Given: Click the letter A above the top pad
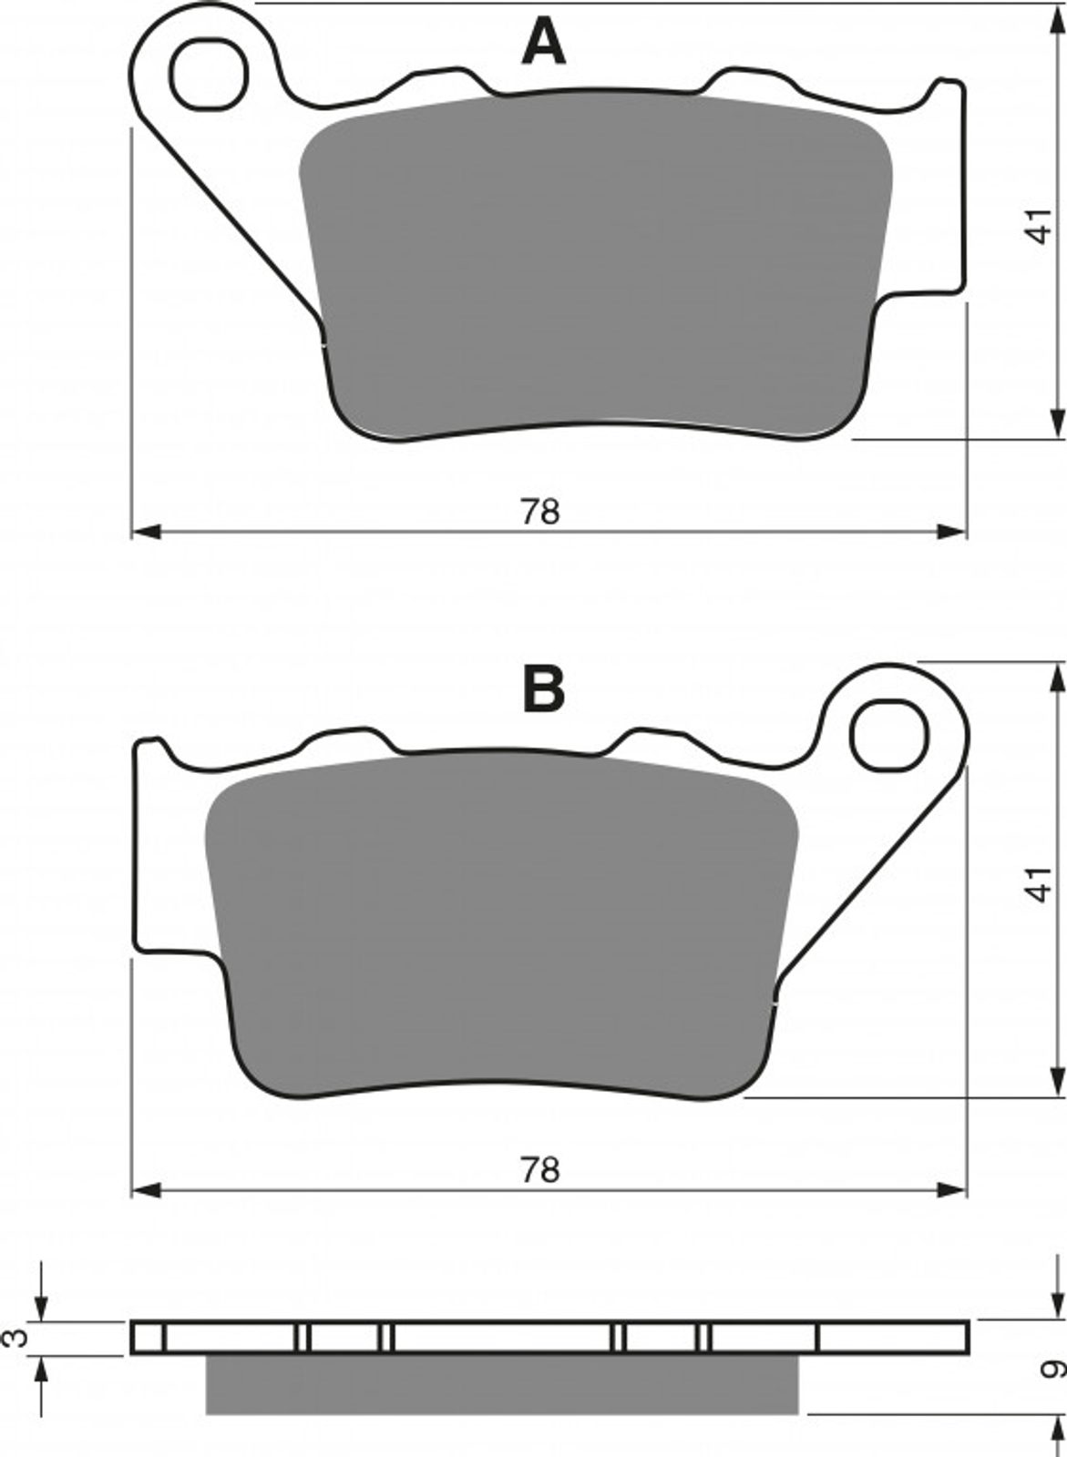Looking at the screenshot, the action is [x=543, y=43].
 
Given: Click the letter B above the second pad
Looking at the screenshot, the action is [x=544, y=689].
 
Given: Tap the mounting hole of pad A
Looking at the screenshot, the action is [x=209, y=75].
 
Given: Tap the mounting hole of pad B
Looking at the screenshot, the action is [x=889, y=736].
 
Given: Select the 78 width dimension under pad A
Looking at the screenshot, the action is [x=539, y=512].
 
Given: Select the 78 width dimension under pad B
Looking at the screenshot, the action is [x=539, y=1170].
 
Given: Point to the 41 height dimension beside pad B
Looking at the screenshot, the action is [x=1039, y=883].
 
